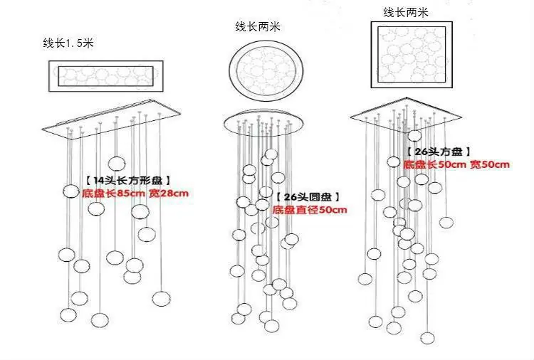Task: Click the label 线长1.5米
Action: [68, 43]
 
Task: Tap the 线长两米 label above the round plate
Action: [258, 26]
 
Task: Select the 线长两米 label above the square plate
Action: [405, 13]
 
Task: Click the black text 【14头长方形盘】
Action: [127, 180]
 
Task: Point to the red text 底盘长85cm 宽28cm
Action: [135, 194]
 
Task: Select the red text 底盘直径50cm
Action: [310, 210]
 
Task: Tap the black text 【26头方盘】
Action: [439, 152]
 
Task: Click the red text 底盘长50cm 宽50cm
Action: [456, 164]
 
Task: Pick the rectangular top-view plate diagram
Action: [106, 76]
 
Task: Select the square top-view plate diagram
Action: [412, 55]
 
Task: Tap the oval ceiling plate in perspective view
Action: [263, 123]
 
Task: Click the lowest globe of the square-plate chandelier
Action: [427, 338]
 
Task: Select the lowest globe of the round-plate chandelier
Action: [272, 326]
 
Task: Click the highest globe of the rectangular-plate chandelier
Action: [116, 164]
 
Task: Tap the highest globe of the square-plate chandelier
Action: [414, 136]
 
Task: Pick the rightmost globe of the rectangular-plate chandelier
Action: [161, 299]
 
